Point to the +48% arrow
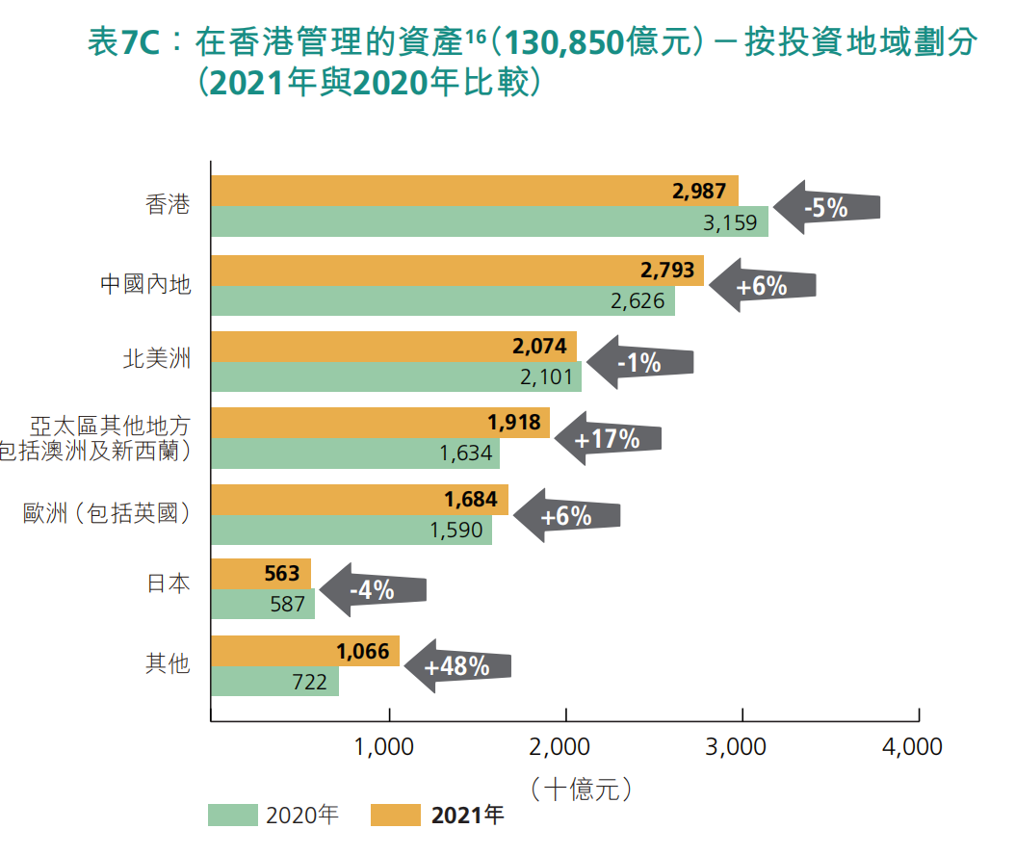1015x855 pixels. click(x=456, y=666)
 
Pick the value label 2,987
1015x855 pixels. click(x=699, y=191)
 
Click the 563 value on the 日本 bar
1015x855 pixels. click(x=281, y=574)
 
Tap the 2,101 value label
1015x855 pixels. click(x=546, y=376)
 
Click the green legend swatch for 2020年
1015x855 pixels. click(x=232, y=816)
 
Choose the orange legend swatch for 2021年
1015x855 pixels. click(x=396, y=816)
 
